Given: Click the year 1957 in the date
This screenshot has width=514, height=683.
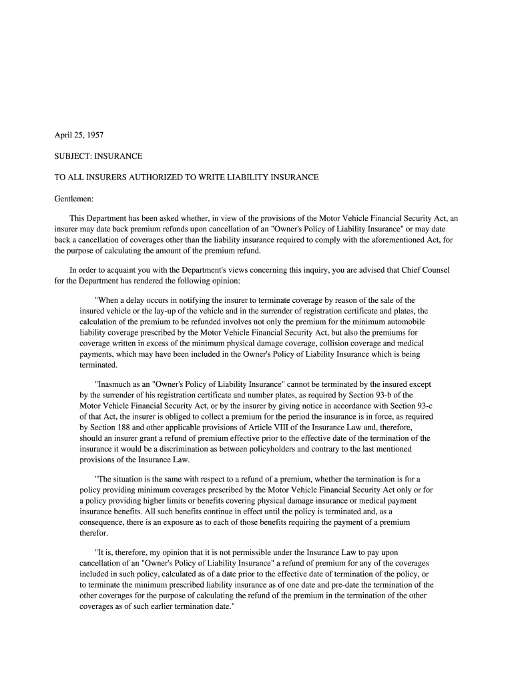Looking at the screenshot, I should coord(94,135).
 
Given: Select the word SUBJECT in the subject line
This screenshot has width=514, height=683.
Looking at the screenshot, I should coord(71,156).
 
